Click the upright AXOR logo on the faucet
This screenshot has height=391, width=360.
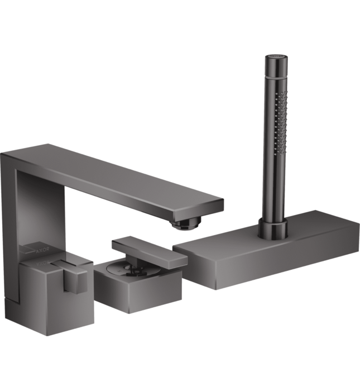pyautogui.click(x=42, y=250)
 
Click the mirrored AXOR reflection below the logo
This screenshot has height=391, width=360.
pyautogui.click(x=42, y=263)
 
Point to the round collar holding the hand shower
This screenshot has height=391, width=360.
pyautogui.click(x=273, y=228)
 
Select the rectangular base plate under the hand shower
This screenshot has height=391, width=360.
pyautogui.click(x=266, y=250)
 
